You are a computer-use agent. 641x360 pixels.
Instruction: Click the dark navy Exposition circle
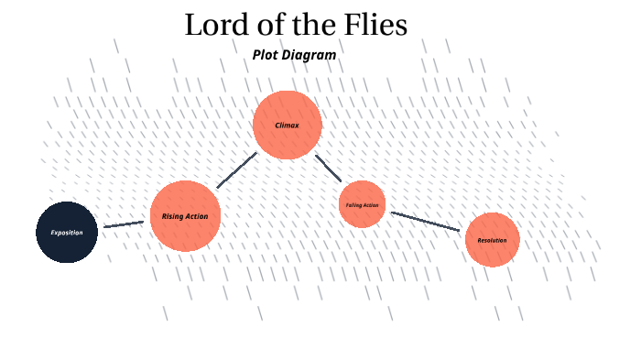[x=67, y=232]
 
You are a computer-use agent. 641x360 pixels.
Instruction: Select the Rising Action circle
[x=185, y=216]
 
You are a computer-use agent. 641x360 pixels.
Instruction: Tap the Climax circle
[x=287, y=125]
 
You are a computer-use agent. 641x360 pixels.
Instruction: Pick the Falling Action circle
[x=362, y=204]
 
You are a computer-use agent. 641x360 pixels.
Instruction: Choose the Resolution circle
[x=492, y=239]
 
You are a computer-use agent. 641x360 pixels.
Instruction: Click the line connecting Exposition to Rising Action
[x=124, y=224]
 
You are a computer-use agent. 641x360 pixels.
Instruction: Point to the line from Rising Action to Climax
[x=236, y=170]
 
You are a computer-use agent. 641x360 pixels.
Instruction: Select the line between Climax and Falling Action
[x=329, y=168]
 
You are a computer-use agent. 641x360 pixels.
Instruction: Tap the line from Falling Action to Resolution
[x=425, y=222]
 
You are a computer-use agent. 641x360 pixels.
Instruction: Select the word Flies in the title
[x=373, y=25]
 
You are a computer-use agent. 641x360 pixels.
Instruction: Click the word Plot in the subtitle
[x=265, y=55]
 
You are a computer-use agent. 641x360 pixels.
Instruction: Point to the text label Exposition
[x=67, y=232]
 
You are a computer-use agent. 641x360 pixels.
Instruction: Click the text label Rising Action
[x=185, y=216]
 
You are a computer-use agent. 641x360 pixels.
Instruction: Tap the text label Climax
[x=287, y=125]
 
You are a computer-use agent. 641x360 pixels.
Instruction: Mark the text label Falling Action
[x=362, y=204]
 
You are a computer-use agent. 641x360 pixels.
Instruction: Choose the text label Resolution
[x=492, y=240]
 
